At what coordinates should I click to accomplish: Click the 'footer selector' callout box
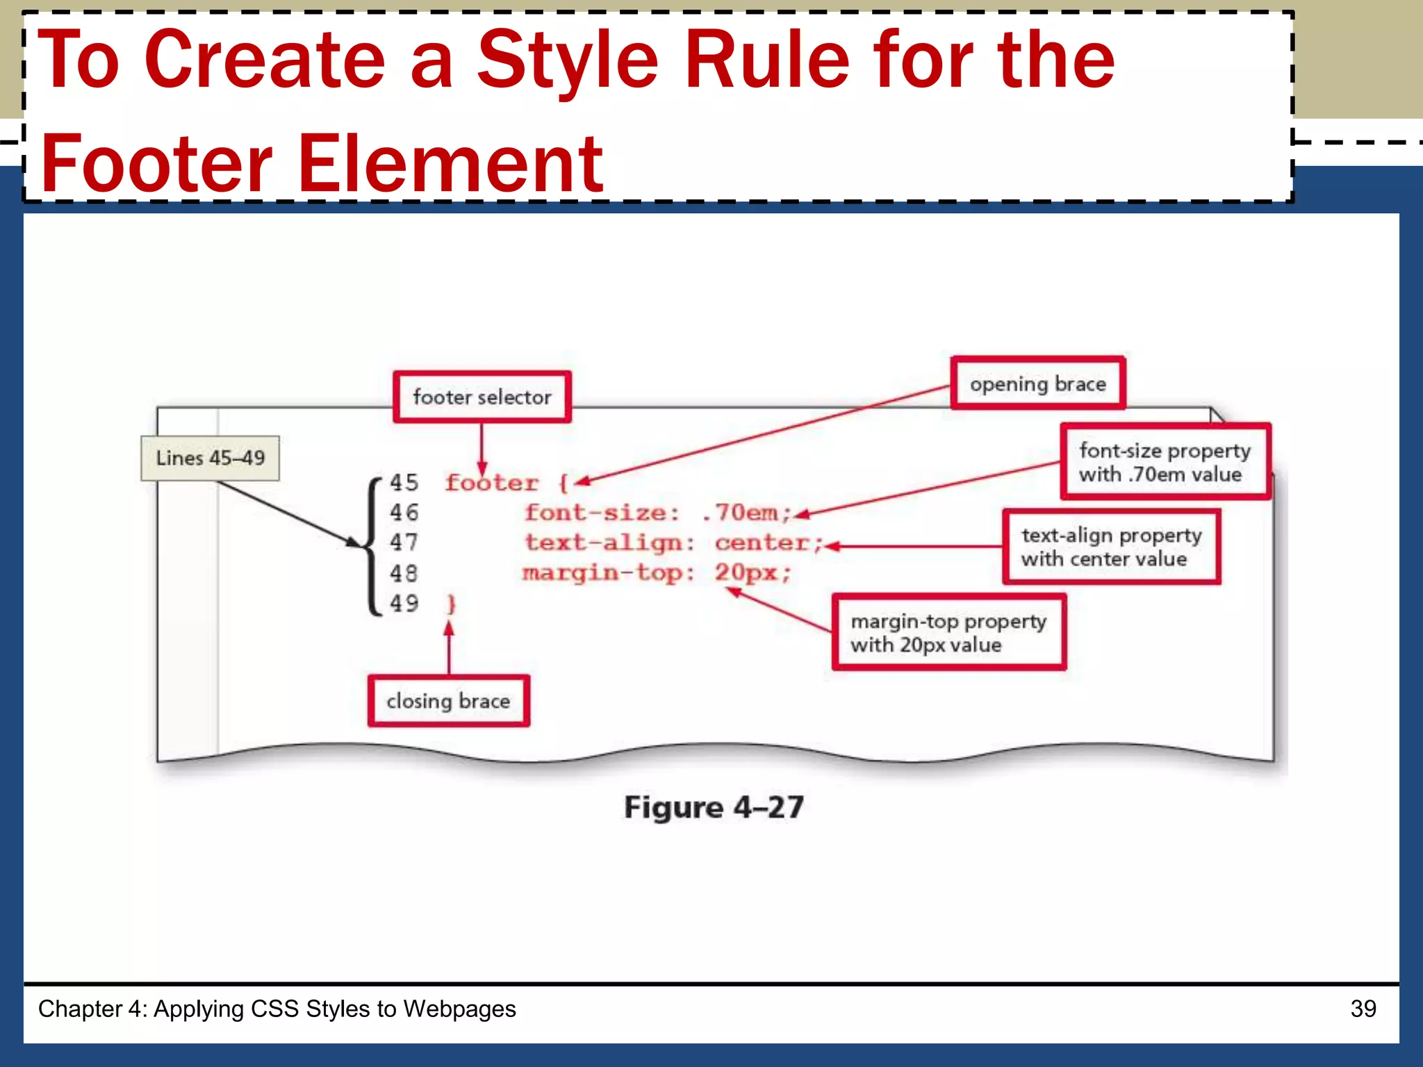pos(482,397)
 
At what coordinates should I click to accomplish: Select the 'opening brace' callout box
pos(1037,384)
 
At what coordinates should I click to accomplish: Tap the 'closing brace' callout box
pos(448,701)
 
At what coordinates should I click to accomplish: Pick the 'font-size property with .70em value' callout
pos(1165,462)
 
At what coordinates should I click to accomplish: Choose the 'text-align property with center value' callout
pos(1111,547)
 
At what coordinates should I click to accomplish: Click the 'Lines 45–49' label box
pos(210,458)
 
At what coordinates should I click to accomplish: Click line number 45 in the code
pos(404,483)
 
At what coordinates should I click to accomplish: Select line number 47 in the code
pos(404,543)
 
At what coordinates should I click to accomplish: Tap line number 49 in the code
pos(404,603)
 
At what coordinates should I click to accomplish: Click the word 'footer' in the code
pos(492,483)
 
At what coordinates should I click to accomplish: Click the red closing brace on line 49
pos(451,604)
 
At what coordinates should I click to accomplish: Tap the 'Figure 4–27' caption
pos(714,807)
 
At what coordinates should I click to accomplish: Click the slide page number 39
pos(1363,1009)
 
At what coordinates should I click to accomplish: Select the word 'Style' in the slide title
pos(568,61)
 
